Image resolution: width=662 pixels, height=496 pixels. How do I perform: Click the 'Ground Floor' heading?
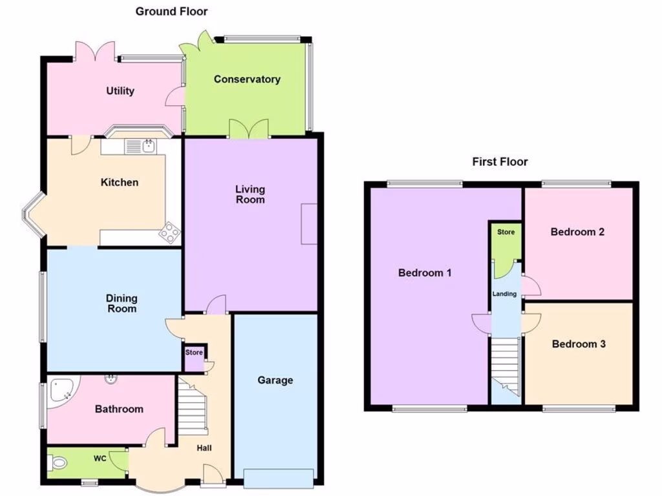point(171,11)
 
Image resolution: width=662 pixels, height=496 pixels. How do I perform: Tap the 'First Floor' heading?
point(500,161)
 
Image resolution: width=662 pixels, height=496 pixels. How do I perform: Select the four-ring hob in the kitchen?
point(170,232)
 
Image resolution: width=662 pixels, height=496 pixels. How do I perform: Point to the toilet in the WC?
point(57,463)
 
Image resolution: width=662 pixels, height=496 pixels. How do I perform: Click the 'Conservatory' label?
point(247,79)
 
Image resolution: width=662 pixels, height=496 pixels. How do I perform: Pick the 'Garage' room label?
point(275,380)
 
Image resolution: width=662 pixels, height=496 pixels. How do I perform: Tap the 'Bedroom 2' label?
point(577,232)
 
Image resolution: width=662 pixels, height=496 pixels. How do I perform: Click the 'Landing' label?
point(505,294)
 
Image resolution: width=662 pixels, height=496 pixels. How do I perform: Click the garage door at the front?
point(279,478)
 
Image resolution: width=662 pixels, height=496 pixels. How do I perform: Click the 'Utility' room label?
point(120,91)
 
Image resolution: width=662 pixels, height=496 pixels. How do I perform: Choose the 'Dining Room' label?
point(122,304)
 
